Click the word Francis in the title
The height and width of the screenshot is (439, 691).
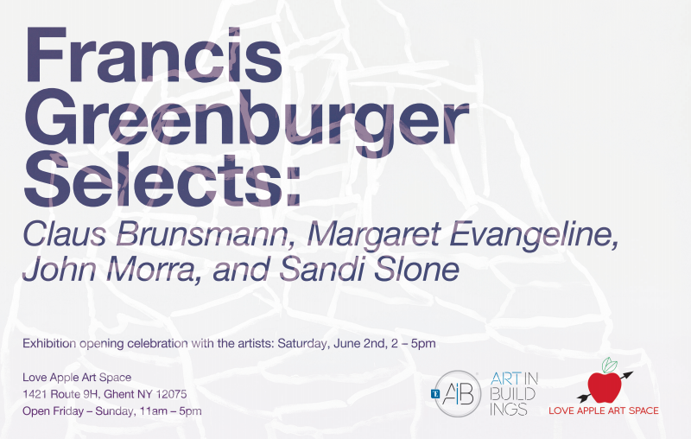pos(154,55)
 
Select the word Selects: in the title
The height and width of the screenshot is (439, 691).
pos(162,179)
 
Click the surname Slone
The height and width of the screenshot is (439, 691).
pos(417,269)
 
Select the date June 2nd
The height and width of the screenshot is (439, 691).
pos(359,343)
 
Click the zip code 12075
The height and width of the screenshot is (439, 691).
pos(171,394)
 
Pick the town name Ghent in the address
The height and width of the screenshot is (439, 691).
pos(118,394)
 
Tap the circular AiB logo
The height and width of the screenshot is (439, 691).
pos(458,393)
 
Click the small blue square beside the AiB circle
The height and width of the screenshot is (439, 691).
pos(435,394)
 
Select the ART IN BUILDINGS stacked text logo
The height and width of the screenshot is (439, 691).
pos(514,393)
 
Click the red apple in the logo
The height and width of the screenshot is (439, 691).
pos(605,387)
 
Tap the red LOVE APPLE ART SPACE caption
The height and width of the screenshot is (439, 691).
pos(603,410)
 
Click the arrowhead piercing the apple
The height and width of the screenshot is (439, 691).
pos(628,376)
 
